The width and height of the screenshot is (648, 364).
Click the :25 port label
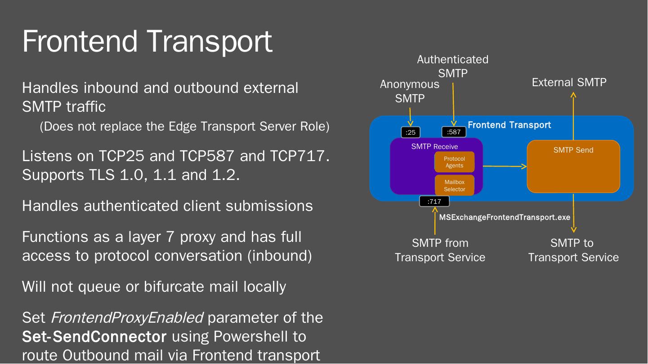pyautogui.click(x=410, y=132)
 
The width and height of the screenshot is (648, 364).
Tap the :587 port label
pyautogui.click(x=454, y=132)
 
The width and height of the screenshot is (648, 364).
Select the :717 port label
pyautogui.click(x=434, y=202)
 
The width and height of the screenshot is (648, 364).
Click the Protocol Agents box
pyautogui.click(x=454, y=162)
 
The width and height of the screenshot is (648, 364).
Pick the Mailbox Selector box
pyautogui.click(x=454, y=185)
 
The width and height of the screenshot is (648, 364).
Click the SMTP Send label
pyautogui.click(x=573, y=150)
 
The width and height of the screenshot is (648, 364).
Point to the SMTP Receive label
pyautogui.click(x=434, y=146)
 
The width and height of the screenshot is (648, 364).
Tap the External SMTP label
pyautogui.click(x=569, y=83)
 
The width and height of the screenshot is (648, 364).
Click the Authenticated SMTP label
pyautogui.click(x=452, y=66)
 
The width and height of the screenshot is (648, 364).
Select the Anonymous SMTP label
pyautogui.click(x=410, y=91)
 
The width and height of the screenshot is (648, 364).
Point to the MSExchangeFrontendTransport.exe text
pyautogui.click(x=505, y=217)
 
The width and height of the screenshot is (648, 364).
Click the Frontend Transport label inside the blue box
pyautogui.click(x=509, y=125)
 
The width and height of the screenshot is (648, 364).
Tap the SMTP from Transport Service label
pyautogui.click(x=440, y=250)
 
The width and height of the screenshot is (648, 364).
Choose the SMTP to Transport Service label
pyautogui.click(x=573, y=250)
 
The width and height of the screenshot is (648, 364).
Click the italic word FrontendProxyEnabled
pyautogui.click(x=127, y=318)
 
